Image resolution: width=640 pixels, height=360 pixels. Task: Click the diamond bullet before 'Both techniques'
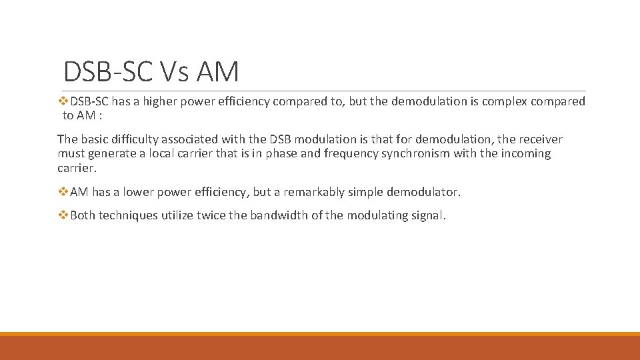click(63, 215)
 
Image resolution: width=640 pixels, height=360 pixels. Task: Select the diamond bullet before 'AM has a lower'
click(63, 192)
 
